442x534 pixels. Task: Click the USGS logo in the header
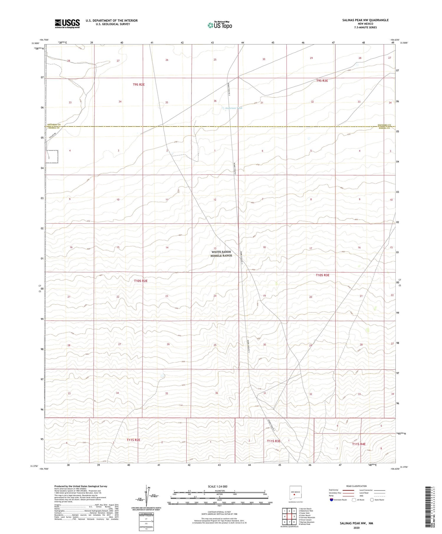point(67,24)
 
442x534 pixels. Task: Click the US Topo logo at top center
point(220,25)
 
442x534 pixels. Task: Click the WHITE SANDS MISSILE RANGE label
point(221,254)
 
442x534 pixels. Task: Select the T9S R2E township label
point(138,85)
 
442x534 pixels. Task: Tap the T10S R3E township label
point(322,275)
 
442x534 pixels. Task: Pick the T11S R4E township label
point(359,444)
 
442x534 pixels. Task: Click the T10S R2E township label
point(141,281)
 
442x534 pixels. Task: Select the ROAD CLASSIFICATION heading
point(357,486)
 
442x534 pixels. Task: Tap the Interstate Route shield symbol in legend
point(331,500)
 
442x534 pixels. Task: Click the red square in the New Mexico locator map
point(294,495)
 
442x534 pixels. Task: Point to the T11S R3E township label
point(273,441)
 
